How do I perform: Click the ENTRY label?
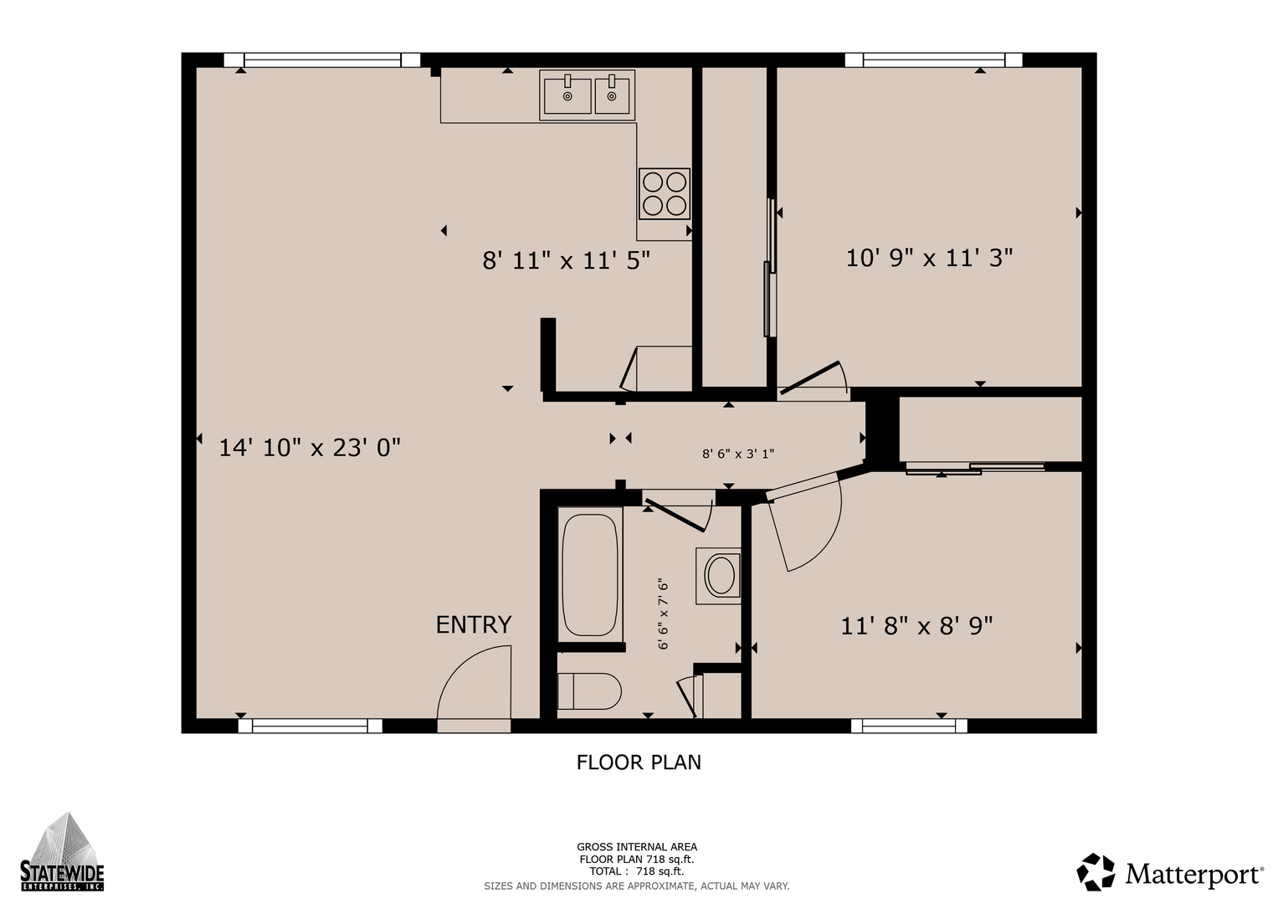click(474, 625)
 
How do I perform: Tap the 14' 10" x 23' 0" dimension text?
click(310, 448)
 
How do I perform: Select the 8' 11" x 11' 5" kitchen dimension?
click(566, 261)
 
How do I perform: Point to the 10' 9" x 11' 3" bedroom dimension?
click(929, 258)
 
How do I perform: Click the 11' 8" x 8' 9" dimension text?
click(916, 626)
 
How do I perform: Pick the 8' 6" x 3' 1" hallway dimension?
click(737, 454)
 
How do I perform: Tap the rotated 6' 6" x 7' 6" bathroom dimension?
click(663, 614)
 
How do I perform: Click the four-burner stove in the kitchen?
click(664, 193)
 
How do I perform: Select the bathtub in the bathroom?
click(590, 575)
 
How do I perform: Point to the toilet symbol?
click(589, 691)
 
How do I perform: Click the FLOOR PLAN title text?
click(639, 763)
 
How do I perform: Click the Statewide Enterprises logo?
click(62, 852)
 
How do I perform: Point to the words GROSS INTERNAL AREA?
click(637, 847)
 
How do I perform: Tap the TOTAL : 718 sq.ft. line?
click(637, 871)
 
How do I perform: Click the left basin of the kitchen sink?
click(567, 96)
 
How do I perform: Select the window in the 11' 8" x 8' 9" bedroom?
click(909, 726)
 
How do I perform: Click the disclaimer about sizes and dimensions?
click(637, 886)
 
